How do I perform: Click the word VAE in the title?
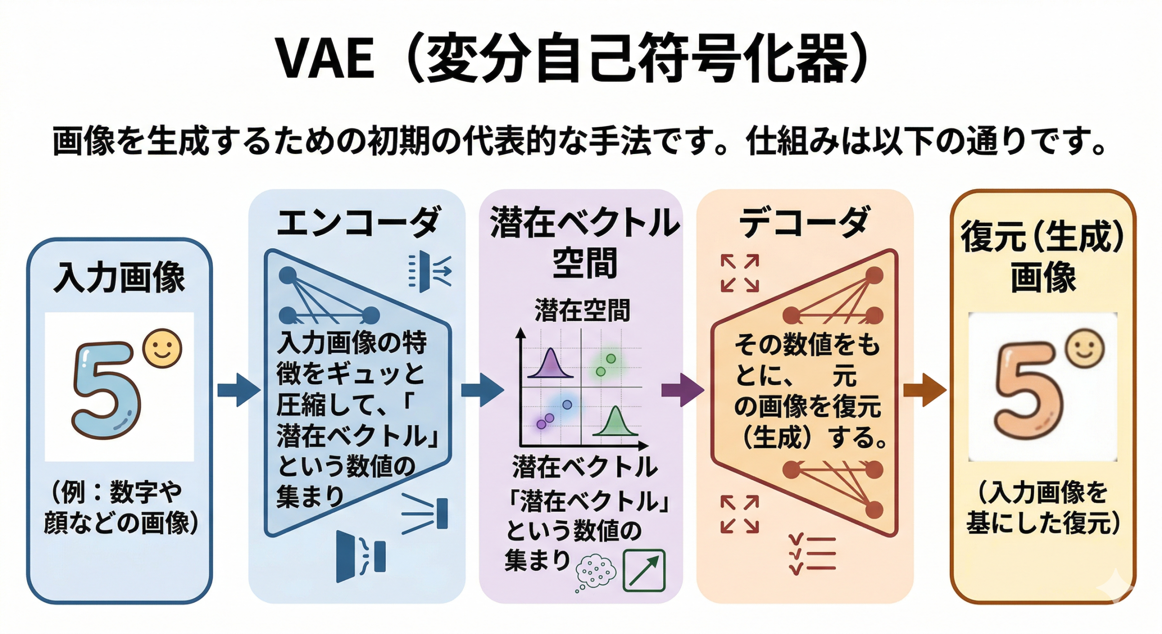pyautogui.click(x=326, y=59)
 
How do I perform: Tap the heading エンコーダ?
pyautogui.click(x=358, y=222)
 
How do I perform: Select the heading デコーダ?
pyautogui.click(x=805, y=222)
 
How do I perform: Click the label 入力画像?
pyautogui.click(x=119, y=277)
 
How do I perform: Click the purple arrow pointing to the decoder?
pyautogui.click(x=682, y=390)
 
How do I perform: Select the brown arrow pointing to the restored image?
pyautogui.click(x=925, y=390)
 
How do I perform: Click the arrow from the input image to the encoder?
pyautogui.click(x=239, y=390)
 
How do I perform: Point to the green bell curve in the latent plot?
pyautogui.click(x=615, y=422)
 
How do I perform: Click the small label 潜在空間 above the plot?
pyautogui.click(x=582, y=311)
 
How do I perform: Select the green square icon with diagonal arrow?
pyautogui.click(x=644, y=570)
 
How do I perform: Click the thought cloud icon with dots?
pyautogui.click(x=595, y=572)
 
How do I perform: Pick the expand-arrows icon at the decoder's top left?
pyautogui.click(x=739, y=273)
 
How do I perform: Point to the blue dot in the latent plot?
pyautogui.click(x=567, y=405)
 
